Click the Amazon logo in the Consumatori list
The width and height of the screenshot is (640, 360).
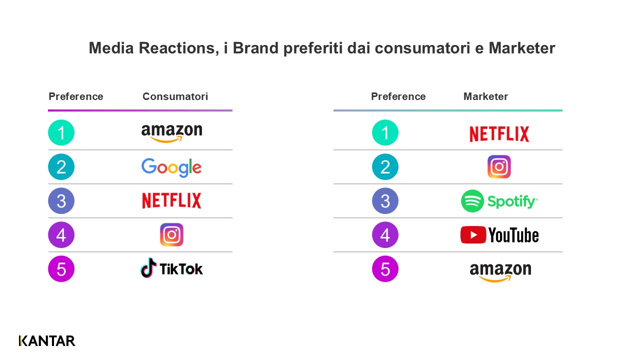pyautogui.click(x=171, y=132)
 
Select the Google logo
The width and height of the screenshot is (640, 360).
pyautogui.click(x=171, y=167)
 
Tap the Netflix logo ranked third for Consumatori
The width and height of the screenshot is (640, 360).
pyautogui.click(x=171, y=201)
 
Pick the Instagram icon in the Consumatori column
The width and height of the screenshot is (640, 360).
pyautogui.click(x=171, y=235)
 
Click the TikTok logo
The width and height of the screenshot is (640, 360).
pyautogui.click(x=171, y=268)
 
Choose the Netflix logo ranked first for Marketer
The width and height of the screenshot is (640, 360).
pyautogui.click(x=499, y=134)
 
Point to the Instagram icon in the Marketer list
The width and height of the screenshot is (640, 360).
pyautogui.click(x=499, y=167)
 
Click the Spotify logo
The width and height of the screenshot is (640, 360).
pyautogui.click(x=499, y=201)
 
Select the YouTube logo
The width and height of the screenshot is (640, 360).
pyautogui.click(x=499, y=235)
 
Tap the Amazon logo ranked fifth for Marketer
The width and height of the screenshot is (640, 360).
pyautogui.click(x=500, y=271)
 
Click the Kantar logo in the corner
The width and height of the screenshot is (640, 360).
pyautogui.click(x=47, y=341)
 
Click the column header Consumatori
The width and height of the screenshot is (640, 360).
pyautogui.click(x=175, y=96)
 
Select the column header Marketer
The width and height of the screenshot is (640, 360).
pyautogui.click(x=485, y=96)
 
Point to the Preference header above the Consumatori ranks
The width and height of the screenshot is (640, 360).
pyautogui.click(x=76, y=96)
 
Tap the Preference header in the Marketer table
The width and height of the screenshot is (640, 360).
pyautogui.click(x=398, y=96)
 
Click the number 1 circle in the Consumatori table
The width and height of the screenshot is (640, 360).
pyautogui.click(x=61, y=133)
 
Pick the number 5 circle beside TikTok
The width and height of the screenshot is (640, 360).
pyautogui.click(x=61, y=269)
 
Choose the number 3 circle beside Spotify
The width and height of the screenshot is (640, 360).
pyautogui.click(x=385, y=201)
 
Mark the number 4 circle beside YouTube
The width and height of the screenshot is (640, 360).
pyautogui.click(x=385, y=235)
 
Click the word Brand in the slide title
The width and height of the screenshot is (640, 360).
pyautogui.click(x=256, y=48)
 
